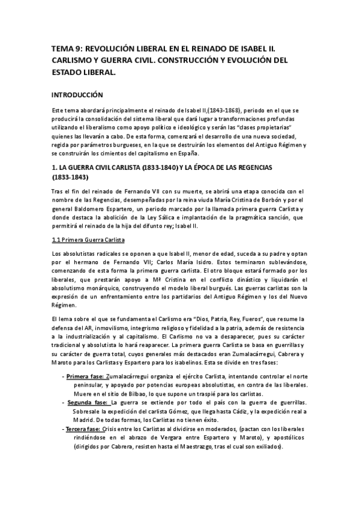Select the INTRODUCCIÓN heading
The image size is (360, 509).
pos(77,95)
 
